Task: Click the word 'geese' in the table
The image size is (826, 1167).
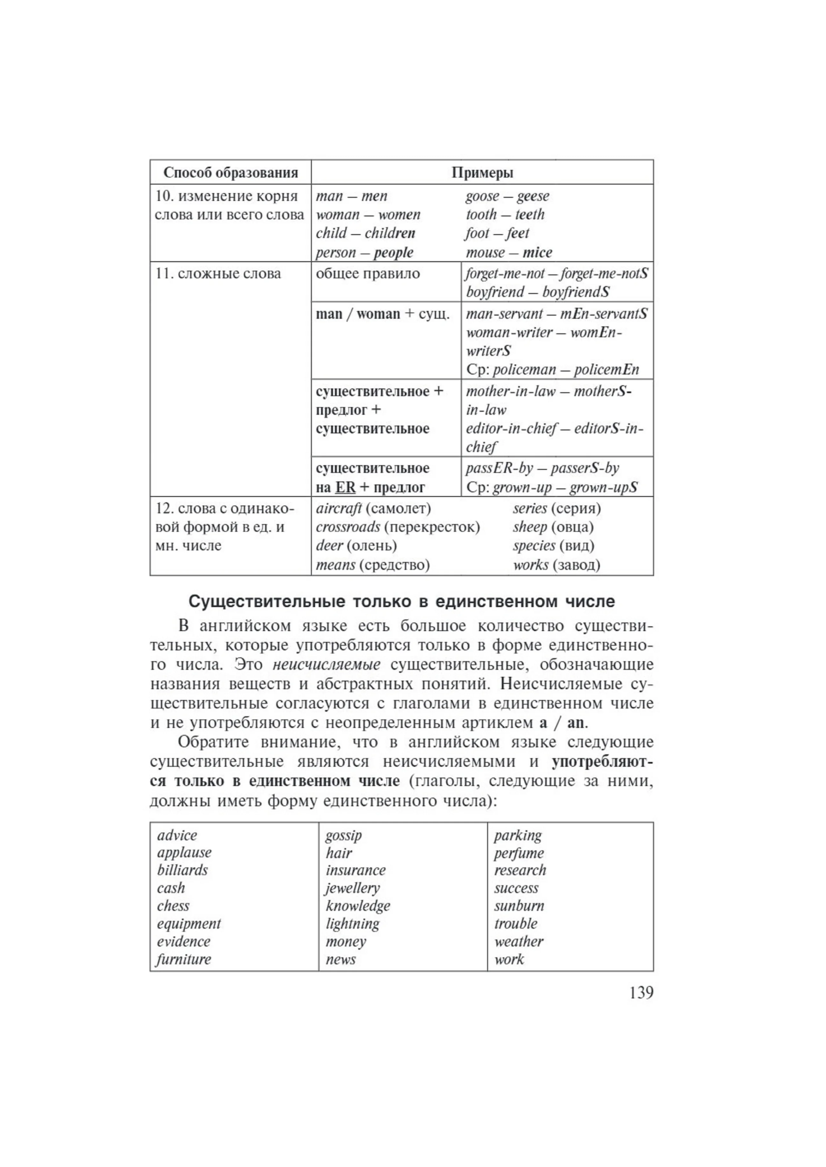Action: [x=533, y=196]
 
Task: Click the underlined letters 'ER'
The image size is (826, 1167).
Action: [x=345, y=487]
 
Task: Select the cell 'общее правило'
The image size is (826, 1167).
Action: [x=368, y=274]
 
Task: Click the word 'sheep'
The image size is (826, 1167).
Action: [x=529, y=527]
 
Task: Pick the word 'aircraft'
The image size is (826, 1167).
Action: [x=338, y=508]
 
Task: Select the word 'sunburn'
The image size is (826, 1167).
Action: [x=519, y=906]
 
